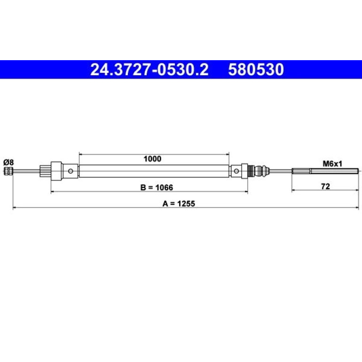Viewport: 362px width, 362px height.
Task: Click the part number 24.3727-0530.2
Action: pos(150,70)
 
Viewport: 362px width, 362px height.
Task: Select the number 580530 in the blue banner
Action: pos(256,70)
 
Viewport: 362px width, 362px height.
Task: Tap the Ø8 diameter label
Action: pos(8,162)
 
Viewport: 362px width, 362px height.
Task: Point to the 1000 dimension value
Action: pos(152,159)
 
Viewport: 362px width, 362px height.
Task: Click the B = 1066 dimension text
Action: pos(157,188)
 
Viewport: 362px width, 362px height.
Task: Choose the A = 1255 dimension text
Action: pos(179,204)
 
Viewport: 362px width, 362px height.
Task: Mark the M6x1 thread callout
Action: pos(332,164)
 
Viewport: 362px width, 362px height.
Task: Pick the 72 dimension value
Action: pos(325,186)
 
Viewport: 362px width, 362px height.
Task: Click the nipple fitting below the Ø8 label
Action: pos(8,171)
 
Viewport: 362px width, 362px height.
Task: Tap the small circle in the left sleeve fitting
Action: pos(71,171)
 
